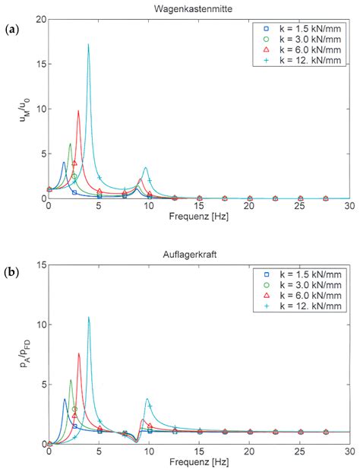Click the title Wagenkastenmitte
pos(199,8)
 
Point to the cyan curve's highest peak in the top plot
pos(88,45)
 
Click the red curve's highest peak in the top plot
pos(78,111)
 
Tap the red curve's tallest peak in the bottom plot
pos(78,353)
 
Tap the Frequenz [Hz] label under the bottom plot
pos(199,462)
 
